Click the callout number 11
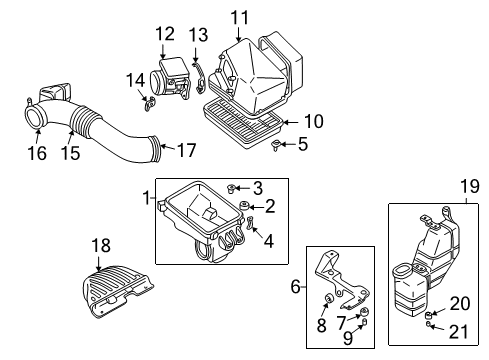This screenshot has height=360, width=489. point(238,16)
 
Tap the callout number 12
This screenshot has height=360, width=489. point(165,35)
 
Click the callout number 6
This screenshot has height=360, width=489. point(295,287)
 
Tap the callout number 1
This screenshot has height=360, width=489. point(146,197)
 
